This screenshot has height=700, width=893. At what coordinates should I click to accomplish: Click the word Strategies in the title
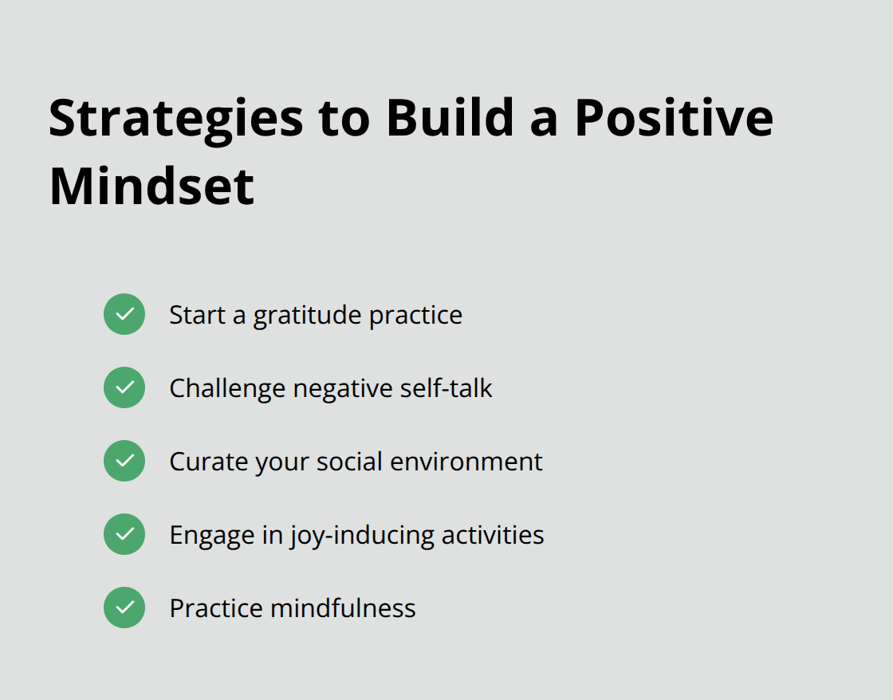[x=175, y=118]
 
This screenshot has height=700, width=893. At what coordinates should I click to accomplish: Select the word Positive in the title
[x=674, y=118]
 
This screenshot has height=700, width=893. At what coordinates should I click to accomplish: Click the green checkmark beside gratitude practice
[x=124, y=314]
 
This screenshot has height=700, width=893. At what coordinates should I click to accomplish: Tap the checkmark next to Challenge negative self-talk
[x=124, y=387]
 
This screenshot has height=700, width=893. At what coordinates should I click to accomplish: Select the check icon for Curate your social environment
[x=124, y=461]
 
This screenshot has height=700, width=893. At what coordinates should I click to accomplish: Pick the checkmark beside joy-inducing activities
[x=124, y=534]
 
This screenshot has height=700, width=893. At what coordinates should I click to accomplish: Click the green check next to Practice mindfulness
[x=124, y=608]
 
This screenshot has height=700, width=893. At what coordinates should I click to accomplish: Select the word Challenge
[x=227, y=388]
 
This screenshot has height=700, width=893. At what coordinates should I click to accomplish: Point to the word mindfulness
[x=343, y=608]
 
